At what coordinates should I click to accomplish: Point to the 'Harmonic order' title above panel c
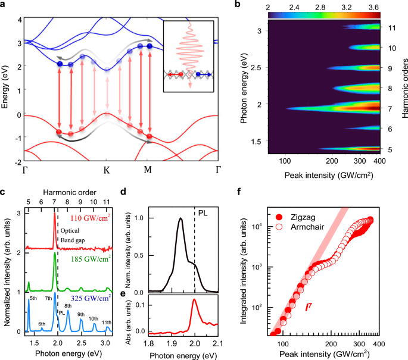67,193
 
